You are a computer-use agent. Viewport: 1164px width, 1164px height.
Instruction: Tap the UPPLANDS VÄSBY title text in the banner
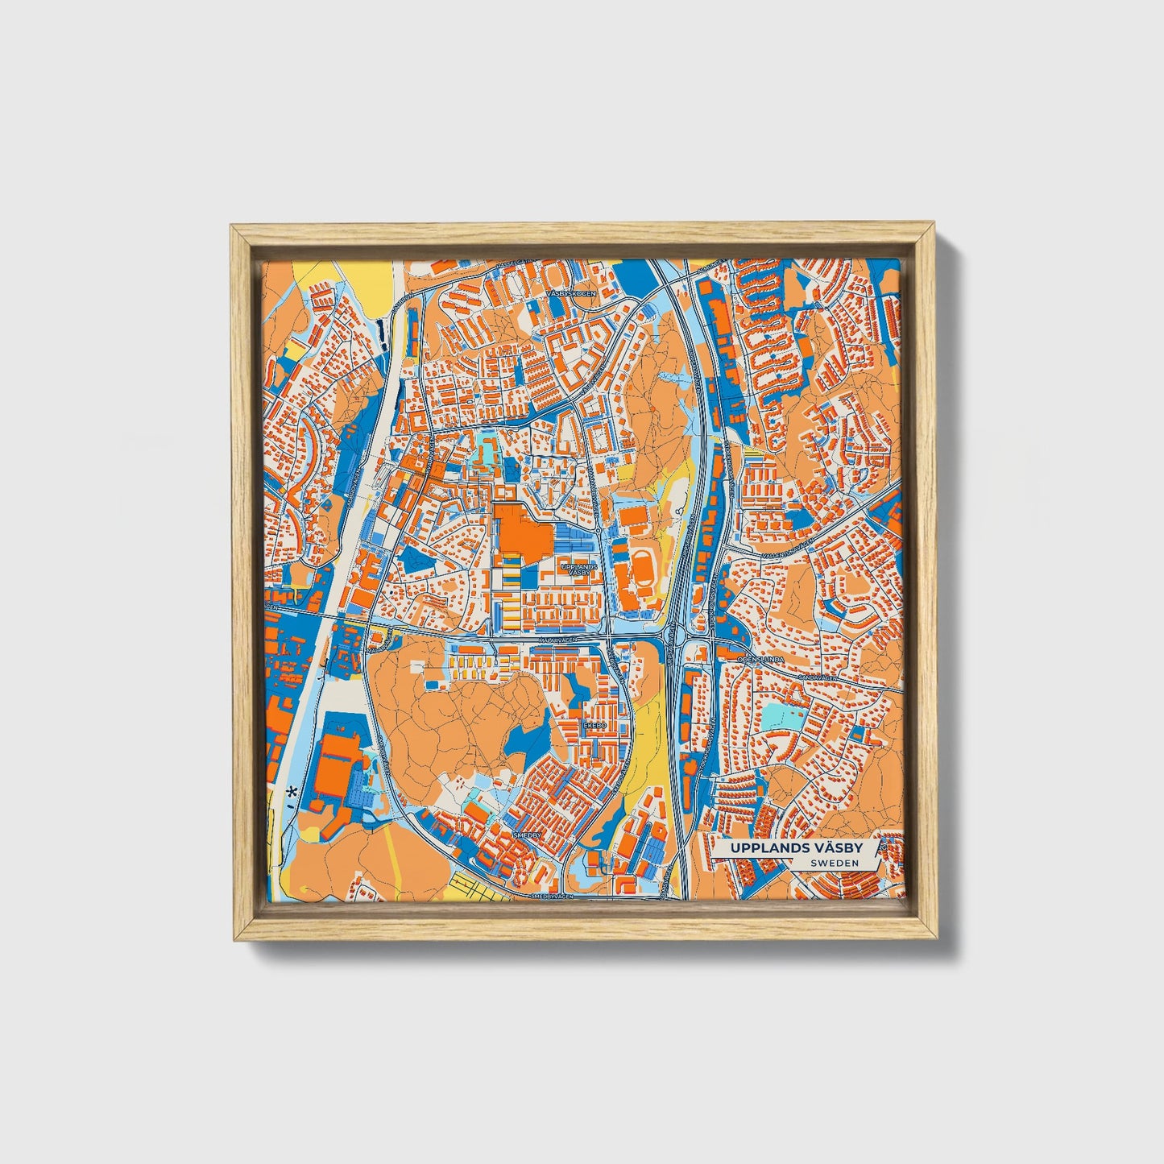click(797, 848)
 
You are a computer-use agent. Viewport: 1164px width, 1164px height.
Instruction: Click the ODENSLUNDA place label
click(761, 660)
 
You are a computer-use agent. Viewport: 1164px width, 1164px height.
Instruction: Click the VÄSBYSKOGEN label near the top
click(571, 294)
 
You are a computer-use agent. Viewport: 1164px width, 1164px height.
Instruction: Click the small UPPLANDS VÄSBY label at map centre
click(579, 569)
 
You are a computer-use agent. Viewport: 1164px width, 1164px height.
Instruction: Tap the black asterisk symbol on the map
click(291, 792)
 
